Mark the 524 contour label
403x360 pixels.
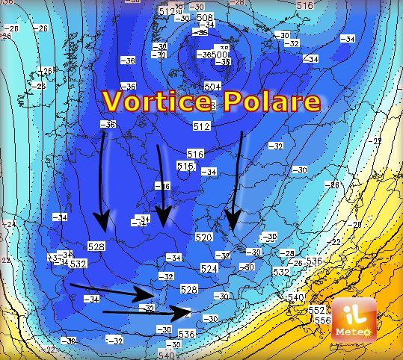coord(209,268)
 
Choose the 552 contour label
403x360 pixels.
coord(317,310)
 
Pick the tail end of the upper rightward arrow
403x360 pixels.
coord(71,285)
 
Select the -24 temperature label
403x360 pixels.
coord(10,223)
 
